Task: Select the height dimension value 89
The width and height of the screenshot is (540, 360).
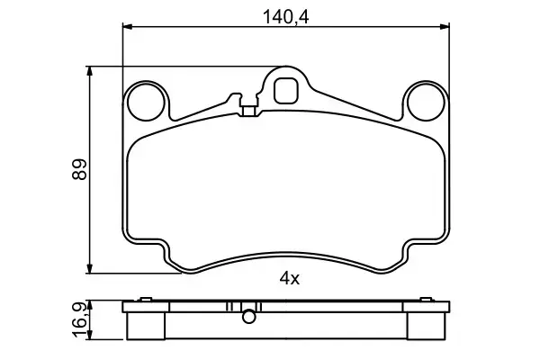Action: [x=78, y=168]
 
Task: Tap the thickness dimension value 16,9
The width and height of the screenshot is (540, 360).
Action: [x=78, y=320]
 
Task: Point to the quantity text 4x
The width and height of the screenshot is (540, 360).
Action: [x=288, y=279]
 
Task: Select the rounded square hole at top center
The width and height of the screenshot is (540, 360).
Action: [x=286, y=89]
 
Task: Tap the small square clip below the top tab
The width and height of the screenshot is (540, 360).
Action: [x=249, y=112]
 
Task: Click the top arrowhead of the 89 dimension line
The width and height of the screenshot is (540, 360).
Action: [x=90, y=69]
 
